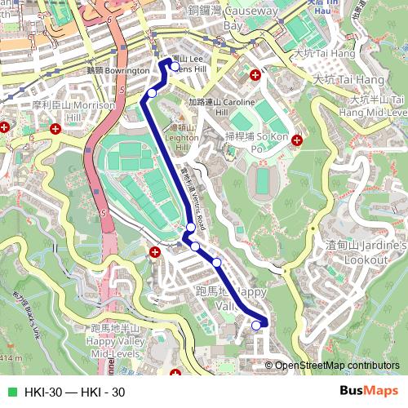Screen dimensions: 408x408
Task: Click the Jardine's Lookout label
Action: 367,251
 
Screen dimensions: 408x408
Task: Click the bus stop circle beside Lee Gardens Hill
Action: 174,67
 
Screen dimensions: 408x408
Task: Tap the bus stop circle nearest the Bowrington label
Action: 151,93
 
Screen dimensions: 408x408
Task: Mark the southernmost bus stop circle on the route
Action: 256,326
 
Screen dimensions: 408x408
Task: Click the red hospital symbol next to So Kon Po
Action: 297,140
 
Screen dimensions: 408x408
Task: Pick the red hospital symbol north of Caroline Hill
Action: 256,75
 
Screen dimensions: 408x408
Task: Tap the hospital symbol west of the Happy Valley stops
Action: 155,252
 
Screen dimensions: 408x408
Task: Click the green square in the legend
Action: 11,392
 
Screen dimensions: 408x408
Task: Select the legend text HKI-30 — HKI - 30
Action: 74,392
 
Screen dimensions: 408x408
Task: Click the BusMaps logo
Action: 369,392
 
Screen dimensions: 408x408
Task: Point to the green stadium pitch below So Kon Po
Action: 263,180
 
